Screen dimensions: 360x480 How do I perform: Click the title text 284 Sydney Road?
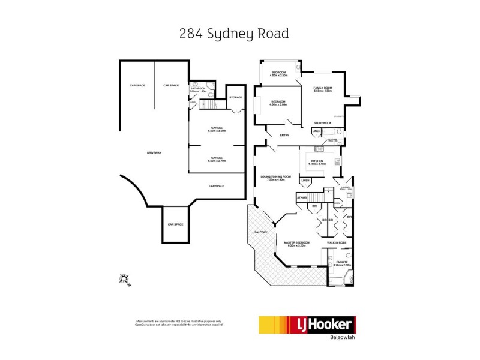tap(234, 34)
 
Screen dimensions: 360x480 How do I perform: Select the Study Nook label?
tap(323, 123)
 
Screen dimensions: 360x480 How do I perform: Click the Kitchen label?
tap(316, 162)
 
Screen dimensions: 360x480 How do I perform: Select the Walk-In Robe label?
tap(337, 242)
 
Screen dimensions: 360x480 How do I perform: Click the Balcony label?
tap(260, 232)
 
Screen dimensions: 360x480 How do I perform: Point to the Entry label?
tap(284, 135)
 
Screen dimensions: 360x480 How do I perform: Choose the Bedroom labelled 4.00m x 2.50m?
tap(279, 74)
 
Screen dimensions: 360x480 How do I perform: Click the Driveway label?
tap(154, 153)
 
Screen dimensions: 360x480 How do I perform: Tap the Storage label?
tap(236, 97)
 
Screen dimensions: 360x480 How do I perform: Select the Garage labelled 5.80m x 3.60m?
tap(217, 130)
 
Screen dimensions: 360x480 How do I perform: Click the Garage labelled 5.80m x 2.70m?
tap(217, 159)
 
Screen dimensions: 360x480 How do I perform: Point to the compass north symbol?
tap(125, 278)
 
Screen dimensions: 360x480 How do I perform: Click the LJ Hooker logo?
tap(307, 326)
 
